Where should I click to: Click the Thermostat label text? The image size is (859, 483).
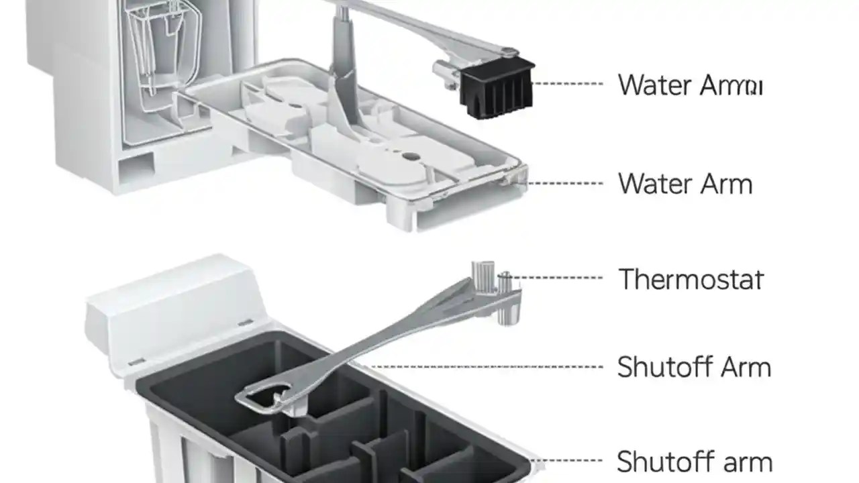691,279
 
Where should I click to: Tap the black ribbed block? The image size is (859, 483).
497,87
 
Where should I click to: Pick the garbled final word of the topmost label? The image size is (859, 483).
731,86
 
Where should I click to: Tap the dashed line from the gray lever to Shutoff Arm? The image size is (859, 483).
483,367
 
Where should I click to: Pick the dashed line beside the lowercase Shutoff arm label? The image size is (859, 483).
570,461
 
